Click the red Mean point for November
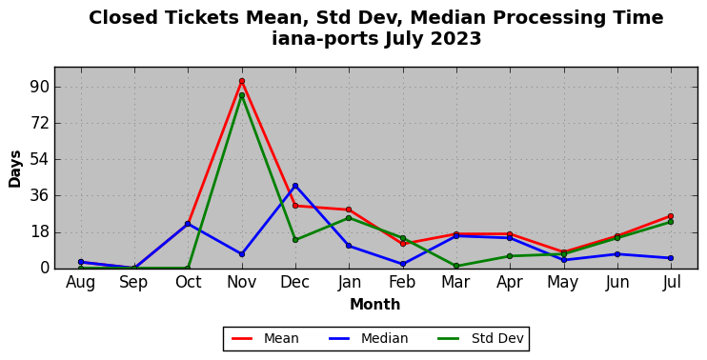pyautogui.click(x=242, y=81)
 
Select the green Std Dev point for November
pyautogui.click(x=242, y=95)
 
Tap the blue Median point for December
pyautogui.click(x=295, y=186)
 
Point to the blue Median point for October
pyautogui.click(x=188, y=224)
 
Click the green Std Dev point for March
pyautogui.click(x=456, y=266)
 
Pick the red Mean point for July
pyautogui.click(x=671, y=216)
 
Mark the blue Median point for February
pyautogui.click(x=403, y=264)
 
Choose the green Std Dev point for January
pyautogui.click(x=349, y=218)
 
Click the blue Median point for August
pyautogui.click(x=81, y=262)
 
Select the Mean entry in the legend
pyautogui.click(x=265, y=338)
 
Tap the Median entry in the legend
pyautogui.click(x=367, y=338)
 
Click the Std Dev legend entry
pyautogui.click(x=480, y=338)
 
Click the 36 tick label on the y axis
pyautogui.click(x=39, y=196)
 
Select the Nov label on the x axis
pyautogui.click(x=242, y=283)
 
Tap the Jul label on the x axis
pyautogui.click(x=672, y=283)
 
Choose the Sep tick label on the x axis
pyautogui.click(x=134, y=283)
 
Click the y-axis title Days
pyautogui.click(x=15, y=169)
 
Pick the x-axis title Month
pyautogui.click(x=375, y=305)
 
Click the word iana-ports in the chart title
pyautogui.click(x=325, y=39)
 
